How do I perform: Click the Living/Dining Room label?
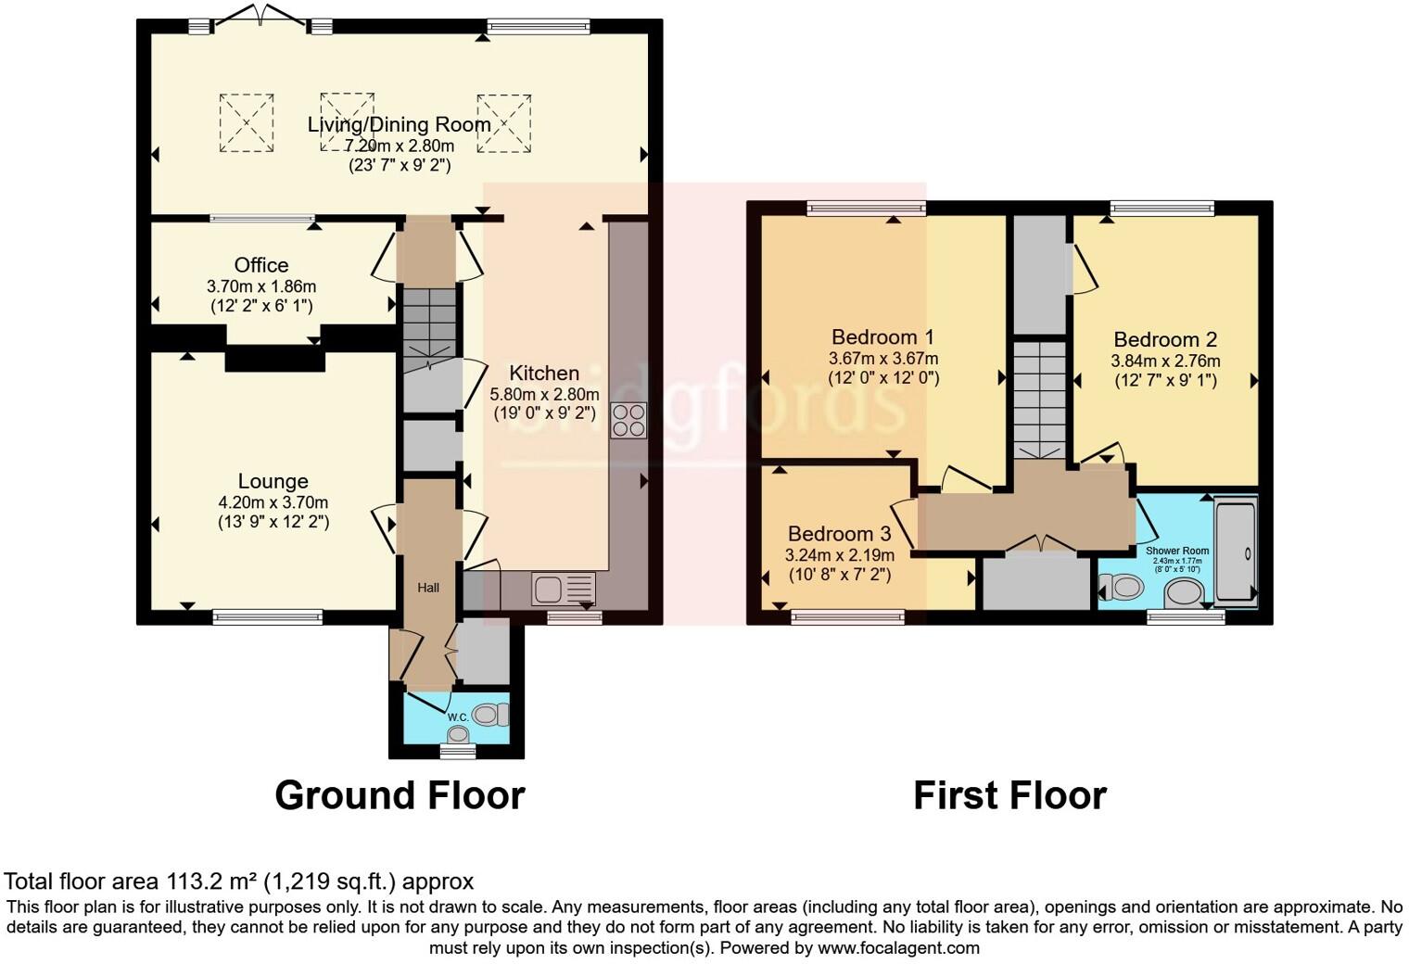[x=399, y=124]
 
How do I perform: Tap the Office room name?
[x=260, y=265]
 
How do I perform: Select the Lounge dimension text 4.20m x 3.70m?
[x=273, y=502]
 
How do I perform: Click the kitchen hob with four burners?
[x=628, y=421]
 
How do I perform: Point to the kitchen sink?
[x=563, y=589]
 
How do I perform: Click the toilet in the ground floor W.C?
[x=490, y=714]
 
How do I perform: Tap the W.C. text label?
[x=457, y=717]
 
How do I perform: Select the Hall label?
[x=428, y=588]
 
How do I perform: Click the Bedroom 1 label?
[x=882, y=336]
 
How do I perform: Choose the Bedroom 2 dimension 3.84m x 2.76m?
[x=1165, y=361]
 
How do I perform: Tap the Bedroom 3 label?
[x=839, y=534]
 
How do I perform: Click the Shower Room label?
[x=1176, y=551]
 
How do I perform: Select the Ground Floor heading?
[x=400, y=795]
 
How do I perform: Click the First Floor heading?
[x=1009, y=795]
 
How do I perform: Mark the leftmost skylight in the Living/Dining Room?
[x=247, y=121]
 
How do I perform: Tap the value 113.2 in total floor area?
[x=193, y=881]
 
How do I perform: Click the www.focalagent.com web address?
[x=898, y=947]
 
